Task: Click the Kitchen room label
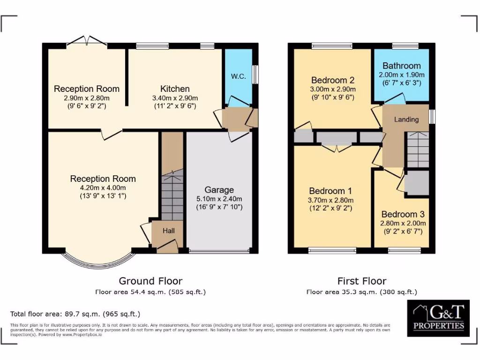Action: (175, 89)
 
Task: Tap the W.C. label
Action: (238, 76)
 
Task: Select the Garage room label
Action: (219, 190)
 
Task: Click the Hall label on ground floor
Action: (169, 231)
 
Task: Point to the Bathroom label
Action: (401, 66)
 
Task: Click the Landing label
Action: (406, 120)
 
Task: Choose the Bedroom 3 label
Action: (403, 214)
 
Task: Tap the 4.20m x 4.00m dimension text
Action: (103, 187)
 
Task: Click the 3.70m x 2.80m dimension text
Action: (330, 200)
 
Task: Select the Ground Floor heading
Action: (150, 281)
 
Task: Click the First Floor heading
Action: (362, 281)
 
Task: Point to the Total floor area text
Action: (75, 314)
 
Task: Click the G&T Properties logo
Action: (438, 318)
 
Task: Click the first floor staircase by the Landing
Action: (417, 149)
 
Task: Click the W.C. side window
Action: (255, 74)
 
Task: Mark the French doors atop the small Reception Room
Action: (87, 41)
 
